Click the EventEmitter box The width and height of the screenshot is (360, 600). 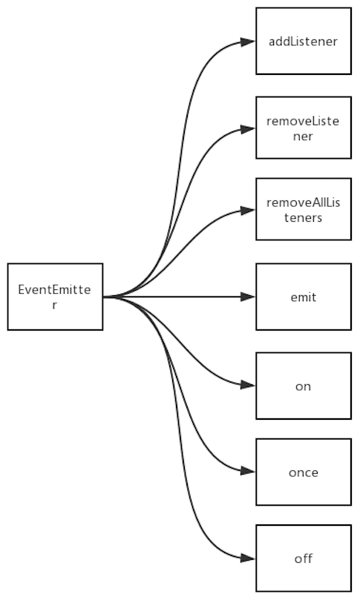coord(55,297)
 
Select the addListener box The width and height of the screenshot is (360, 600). coord(304,41)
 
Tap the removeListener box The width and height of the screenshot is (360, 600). coord(304,128)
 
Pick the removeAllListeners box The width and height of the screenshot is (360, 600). coord(304,209)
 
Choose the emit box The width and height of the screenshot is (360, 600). coord(304,297)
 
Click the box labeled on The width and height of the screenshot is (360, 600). coord(304,386)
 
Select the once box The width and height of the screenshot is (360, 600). coord(304,472)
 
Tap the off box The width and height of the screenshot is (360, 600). coord(304,558)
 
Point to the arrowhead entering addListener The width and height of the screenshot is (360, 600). coord(248,42)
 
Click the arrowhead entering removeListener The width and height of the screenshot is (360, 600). coord(248,129)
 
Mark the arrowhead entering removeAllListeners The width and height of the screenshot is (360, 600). coord(248,211)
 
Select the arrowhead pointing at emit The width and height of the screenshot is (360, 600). coord(248,297)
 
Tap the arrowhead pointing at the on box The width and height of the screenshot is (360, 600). coord(248,385)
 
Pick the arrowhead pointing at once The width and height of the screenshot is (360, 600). coord(248,471)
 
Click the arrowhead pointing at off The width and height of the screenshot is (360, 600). coord(248,558)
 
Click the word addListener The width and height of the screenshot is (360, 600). coord(303,42)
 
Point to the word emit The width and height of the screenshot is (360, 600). coord(304,297)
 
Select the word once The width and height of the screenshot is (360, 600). coord(304,473)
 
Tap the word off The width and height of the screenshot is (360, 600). coord(304,558)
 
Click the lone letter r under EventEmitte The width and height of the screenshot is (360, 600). coord(55,306)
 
